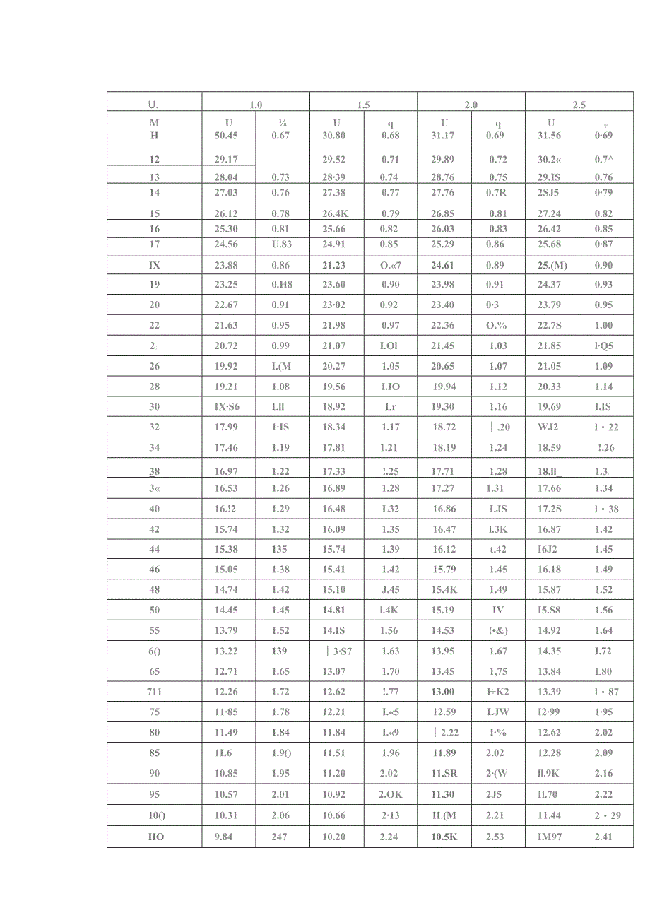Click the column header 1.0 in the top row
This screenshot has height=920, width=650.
pyautogui.click(x=256, y=105)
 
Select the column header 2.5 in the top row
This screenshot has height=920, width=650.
pyautogui.click(x=579, y=105)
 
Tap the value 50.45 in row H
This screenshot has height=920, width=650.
pyautogui.click(x=226, y=136)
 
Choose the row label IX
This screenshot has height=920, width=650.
pyautogui.click(x=154, y=266)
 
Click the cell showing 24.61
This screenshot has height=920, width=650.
pyautogui.click(x=444, y=266)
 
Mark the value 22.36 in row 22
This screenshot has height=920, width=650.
pyautogui.click(x=444, y=326)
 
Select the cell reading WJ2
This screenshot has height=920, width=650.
pyautogui.click(x=548, y=427)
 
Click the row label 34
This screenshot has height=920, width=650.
pyautogui.click(x=154, y=448)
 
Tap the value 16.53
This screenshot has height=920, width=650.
pyautogui.click(x=226, y=488)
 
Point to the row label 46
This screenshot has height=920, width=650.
pyautogui.click(x=154, y=570)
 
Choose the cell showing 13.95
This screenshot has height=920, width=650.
pyautogui.click(x=443, y=651)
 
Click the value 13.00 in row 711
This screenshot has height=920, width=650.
pyautogui.click(x=443, y=692)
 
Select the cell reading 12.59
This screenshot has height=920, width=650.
pyautogui.click(x=444, y=712)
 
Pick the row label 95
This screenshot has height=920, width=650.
pyautogui.click(x=154, y=794)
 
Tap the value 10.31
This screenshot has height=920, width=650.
pyautogui.click(x=226, y=815)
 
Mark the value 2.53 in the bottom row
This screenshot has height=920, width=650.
pyautogui.click(x=495, y=837)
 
